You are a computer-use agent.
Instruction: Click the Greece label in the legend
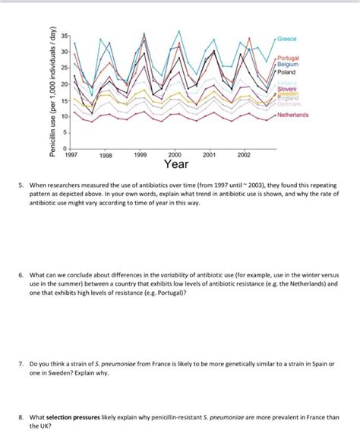[287, 37]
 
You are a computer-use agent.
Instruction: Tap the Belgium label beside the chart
[289, 65]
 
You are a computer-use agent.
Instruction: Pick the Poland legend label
[286, 72]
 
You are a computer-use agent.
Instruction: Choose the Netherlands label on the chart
[292, 115]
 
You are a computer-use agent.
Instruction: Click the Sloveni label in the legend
[287, 89]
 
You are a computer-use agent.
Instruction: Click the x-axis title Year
[176, 163]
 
